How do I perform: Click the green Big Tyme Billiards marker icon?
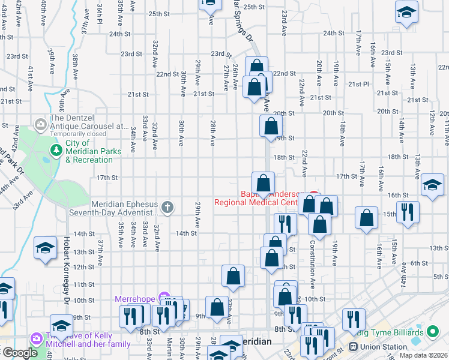tap(432, 332)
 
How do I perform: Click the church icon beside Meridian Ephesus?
tap(167, 208)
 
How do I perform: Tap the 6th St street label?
tap(418, 263)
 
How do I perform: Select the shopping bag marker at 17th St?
tap(263, 183)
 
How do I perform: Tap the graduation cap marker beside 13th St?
tap(46, 248)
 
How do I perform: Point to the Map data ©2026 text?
tap(423, 355)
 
